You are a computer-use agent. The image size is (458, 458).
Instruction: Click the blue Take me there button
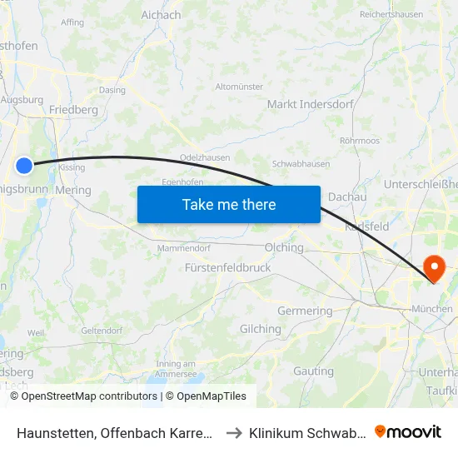[229, 205]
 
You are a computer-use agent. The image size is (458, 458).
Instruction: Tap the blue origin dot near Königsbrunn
[25, 166]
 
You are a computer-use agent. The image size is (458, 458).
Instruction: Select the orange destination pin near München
[434, 268]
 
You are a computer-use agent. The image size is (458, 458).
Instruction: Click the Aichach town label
[161, 15]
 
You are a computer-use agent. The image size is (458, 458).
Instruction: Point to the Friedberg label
[73, 109]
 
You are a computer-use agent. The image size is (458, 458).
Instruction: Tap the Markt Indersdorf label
[311, 104]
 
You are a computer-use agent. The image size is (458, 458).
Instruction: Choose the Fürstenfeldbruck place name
[227, 268]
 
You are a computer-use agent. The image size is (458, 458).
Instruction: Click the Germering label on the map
[304, 311]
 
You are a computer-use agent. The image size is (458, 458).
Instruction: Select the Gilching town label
[261, 329]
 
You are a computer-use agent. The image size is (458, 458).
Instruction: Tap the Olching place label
[283, 247]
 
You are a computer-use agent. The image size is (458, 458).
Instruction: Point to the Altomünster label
[239, 86]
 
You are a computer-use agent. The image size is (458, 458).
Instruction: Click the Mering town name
[73, 190]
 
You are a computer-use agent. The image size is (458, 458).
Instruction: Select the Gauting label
[314, 371]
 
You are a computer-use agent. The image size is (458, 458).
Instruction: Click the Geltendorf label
[102, 331]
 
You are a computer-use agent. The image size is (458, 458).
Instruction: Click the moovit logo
[408, 432]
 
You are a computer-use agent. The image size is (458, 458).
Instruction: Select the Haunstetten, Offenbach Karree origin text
[115, 432]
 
